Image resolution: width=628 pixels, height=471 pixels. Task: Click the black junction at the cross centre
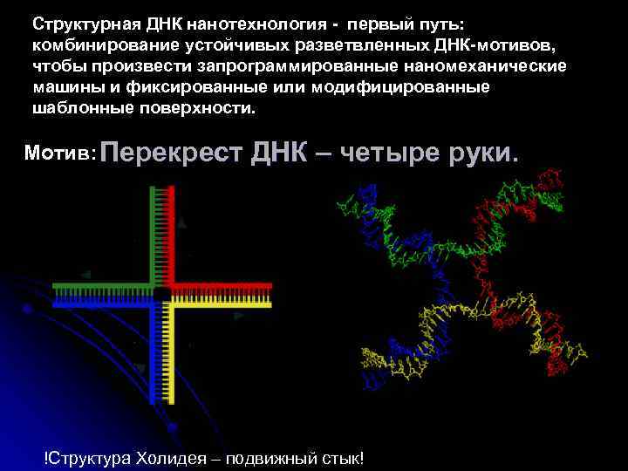[x=162, y=294]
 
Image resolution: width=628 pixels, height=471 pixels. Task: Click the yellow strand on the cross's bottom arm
[x=174, y=358]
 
